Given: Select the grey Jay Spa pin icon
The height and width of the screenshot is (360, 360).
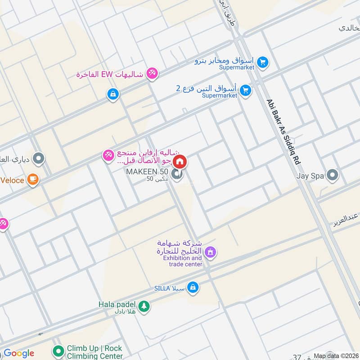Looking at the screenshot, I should point(333,175).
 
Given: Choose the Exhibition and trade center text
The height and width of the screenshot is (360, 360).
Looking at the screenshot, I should point(182,261).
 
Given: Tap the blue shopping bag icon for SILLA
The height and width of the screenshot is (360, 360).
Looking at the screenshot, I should point(193,287).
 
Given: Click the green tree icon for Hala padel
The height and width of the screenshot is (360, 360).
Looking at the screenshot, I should point(144,306).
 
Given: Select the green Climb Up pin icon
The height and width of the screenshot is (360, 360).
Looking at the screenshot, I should point(58,350).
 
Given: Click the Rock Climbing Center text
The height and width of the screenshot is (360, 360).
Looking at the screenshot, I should point(95,356).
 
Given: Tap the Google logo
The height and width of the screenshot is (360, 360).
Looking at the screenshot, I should point(19,353).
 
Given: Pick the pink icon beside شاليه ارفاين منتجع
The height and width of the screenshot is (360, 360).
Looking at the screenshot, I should point(108,156).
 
